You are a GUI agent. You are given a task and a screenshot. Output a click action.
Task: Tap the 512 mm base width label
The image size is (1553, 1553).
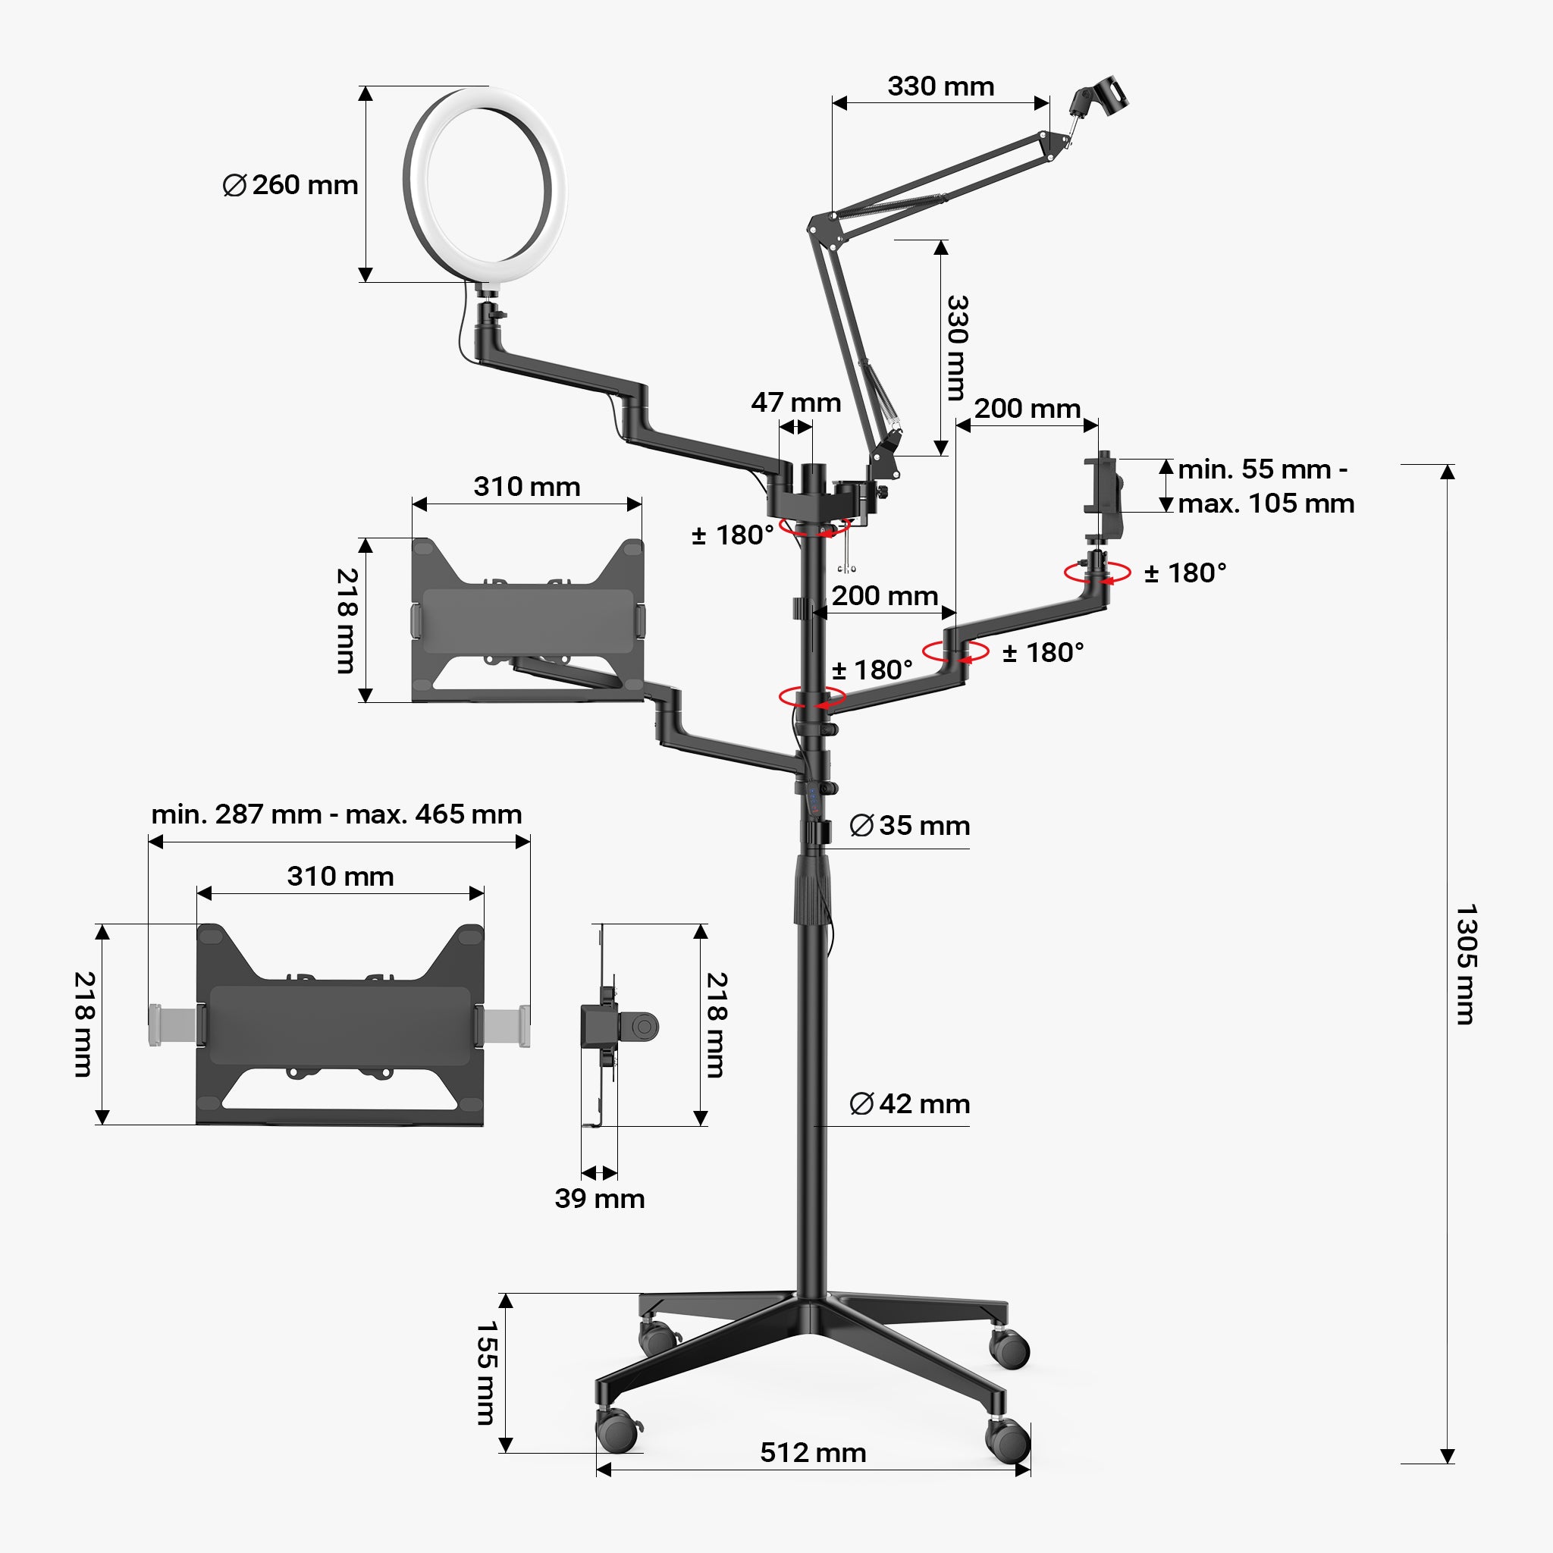click(813, 1452)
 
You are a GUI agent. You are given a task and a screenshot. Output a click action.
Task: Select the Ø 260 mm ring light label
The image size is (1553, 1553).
click(290, 185)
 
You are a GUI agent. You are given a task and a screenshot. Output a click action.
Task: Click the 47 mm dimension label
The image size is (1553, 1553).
click(795, 402)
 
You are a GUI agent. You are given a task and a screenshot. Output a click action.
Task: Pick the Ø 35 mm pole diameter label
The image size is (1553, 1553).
click(910, 826)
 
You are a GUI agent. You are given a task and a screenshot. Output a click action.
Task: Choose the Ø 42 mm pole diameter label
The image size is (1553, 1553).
click(910, 1103)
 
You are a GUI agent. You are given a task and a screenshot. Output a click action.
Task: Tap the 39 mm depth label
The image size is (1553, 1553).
click(600, 1199)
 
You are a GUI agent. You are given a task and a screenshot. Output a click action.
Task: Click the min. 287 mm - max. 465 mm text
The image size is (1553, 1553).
click(337, 814)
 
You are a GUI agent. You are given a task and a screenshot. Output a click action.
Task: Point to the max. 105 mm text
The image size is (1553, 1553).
click(1266, 504)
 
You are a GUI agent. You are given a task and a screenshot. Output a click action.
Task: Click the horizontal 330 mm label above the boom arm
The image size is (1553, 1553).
click(940, 86)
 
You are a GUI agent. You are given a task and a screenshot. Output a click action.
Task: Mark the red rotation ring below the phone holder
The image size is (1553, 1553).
click(1097, 573)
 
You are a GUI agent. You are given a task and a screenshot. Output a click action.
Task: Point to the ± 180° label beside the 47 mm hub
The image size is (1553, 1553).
click(733, 535)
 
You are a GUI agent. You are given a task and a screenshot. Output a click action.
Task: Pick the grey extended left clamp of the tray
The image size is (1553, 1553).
click(171, 1026)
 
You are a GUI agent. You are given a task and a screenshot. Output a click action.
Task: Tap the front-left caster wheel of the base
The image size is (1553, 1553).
click(617, 1430)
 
